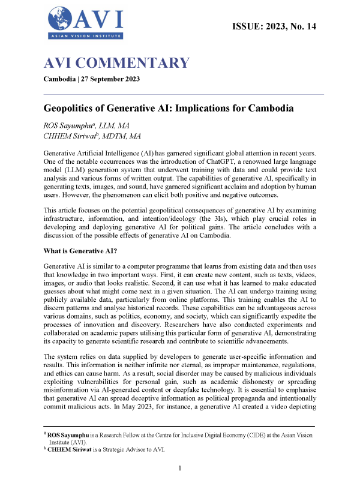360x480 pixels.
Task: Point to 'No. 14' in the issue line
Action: [302, 26]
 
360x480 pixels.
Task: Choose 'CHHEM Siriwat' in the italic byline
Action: [71, 137]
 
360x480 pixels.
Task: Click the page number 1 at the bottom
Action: [180, 467]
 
